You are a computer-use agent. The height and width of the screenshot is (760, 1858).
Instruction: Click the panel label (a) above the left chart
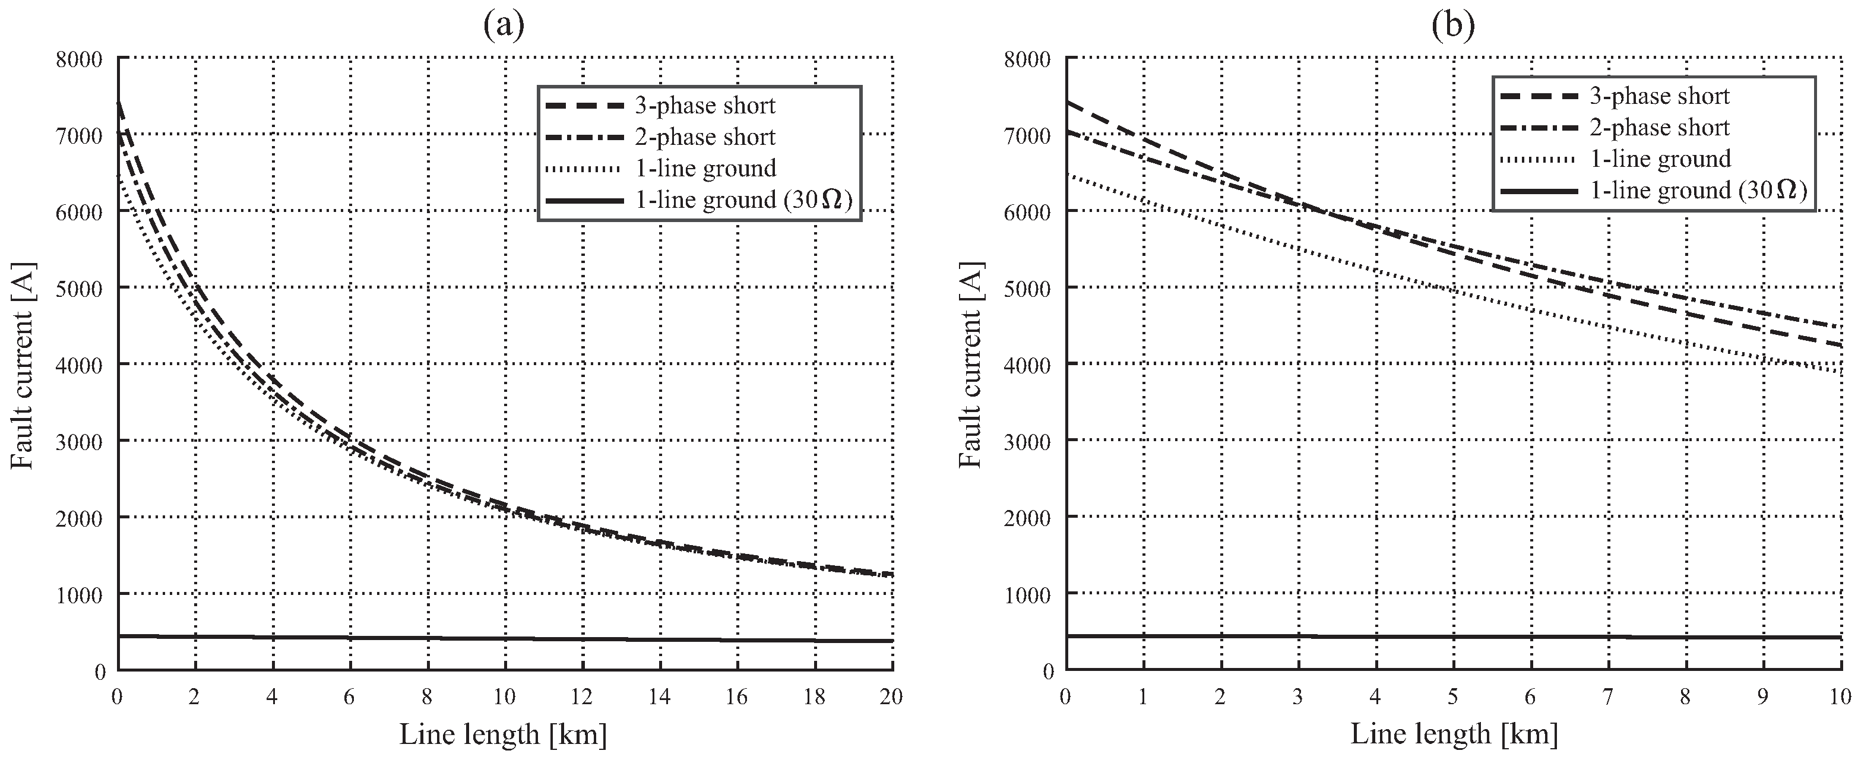coord(504,26)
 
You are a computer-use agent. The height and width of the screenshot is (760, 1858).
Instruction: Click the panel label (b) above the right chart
coord(1452,26)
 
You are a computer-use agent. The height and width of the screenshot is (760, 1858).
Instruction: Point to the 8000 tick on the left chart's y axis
coord(80,59)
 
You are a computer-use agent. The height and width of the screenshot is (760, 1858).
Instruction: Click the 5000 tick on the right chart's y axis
coord(1027,289)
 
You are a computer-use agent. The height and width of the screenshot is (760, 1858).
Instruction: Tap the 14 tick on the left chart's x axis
coord(659,696)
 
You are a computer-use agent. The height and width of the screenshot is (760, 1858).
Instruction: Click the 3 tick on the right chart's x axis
coord(1297,696)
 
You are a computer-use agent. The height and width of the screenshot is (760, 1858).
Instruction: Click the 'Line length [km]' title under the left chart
coord(504,734)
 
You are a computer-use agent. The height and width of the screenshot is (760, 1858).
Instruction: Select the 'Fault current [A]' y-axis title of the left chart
coord(23,365)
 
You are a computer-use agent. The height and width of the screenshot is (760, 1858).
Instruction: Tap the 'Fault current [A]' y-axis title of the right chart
coord(971,365)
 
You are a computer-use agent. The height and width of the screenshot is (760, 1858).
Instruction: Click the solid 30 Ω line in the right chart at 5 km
coord(1452,636)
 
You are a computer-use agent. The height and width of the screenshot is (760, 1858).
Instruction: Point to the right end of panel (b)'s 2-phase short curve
coord(1841,326)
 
